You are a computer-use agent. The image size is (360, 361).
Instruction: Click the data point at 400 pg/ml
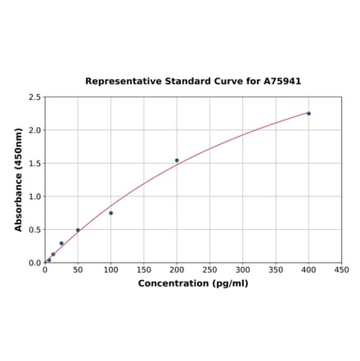[308, 113]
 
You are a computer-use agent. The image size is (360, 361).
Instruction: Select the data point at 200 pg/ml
[177, 160]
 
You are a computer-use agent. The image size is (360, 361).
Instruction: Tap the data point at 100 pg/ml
[110, 213]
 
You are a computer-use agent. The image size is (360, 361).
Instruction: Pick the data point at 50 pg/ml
[78, 230]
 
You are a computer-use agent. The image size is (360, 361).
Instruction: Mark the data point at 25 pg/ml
[61, 243]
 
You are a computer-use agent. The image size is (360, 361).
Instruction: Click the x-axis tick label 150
[144, 270]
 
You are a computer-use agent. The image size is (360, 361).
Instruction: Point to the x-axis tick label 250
[209, 270]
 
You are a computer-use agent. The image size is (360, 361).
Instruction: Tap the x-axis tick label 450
[342, 270]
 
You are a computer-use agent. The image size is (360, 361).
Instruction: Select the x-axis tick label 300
[243, 270]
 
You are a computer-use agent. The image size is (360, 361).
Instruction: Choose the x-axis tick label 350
[276, 270]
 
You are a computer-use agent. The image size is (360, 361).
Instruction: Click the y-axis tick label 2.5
[35, 97]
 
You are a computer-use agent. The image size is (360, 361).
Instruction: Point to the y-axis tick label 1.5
[35, 164]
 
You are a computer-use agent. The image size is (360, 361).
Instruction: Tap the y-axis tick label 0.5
[35, 230]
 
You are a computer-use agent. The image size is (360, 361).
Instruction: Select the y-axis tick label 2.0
[35, 130]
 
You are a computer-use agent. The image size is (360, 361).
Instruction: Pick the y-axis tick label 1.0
[35, 196]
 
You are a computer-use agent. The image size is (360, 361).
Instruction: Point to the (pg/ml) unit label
[229, 283]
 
